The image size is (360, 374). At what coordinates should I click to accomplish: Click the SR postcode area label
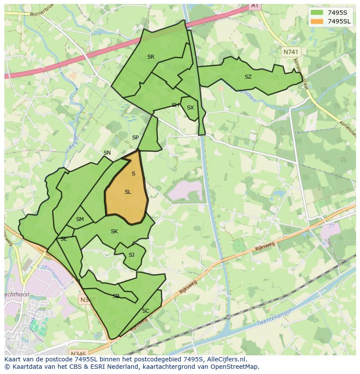tap(151, 57)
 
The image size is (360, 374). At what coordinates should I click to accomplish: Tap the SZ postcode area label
tap(248, 77)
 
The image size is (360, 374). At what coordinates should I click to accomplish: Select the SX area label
tap(190, 108)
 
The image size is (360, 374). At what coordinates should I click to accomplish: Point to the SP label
tap(135, 138)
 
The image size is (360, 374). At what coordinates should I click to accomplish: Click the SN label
tap(107, 153)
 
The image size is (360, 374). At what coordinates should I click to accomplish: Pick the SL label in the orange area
tap(128, 192)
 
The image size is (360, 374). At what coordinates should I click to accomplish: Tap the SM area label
tap(80, 219)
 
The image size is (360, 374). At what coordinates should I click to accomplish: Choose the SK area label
tap(114, 232)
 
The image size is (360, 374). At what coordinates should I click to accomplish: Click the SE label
tap(64, 239)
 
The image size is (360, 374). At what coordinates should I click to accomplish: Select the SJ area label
tap(131, 255)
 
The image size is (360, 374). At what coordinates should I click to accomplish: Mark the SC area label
tap(146, 311)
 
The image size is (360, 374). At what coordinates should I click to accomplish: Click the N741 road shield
tap(291, 52)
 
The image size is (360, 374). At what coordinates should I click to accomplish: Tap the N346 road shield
tap(78, 353)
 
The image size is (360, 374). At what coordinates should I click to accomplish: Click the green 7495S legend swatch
tap(317, 13)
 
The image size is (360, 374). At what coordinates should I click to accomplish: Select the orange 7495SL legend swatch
tap(317, 21)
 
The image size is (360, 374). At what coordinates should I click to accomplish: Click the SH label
tap(175, 105)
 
